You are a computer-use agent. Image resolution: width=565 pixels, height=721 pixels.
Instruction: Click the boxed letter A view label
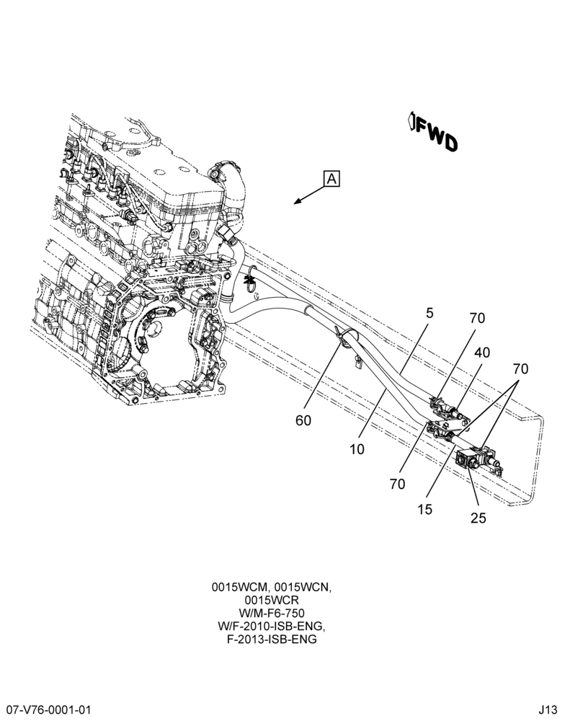[332, 178]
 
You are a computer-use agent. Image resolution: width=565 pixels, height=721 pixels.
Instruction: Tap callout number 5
[430, 313]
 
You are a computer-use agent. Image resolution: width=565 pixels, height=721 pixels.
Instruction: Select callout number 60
[303, 420]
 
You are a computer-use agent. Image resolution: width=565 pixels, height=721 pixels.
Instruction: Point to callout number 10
[357, 448]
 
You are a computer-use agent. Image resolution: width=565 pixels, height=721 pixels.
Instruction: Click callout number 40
[482, 353]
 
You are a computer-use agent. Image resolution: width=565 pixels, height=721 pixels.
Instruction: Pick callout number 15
[424, 510]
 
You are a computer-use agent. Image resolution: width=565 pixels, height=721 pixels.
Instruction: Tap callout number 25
[478, 518]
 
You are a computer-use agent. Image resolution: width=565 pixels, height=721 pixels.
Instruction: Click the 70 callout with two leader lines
[520, 368]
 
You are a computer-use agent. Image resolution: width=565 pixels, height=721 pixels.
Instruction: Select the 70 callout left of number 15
[397, 484]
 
